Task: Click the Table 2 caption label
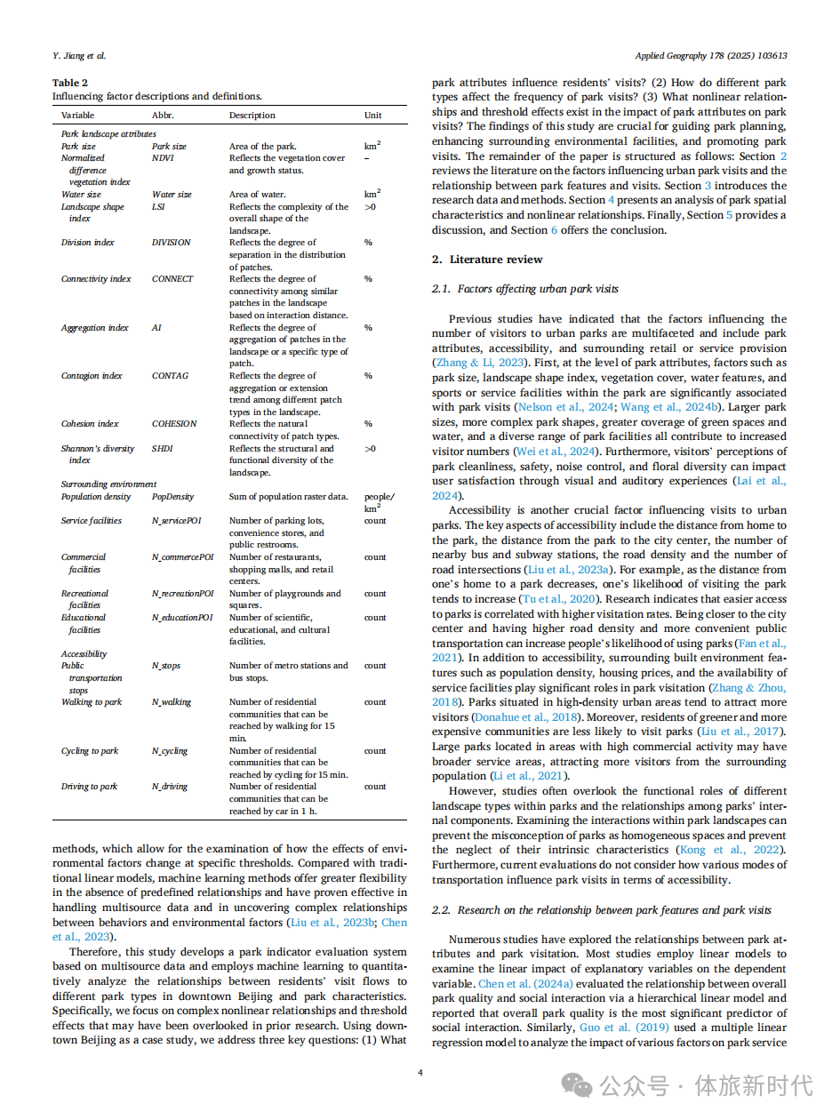[x=70, y=84]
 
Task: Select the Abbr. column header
[x=163, y=116]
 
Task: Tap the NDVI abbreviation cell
[x=163, y=158]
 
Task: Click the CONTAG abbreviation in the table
[x=170, y=376]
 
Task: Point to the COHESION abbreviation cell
[x=174, y=424]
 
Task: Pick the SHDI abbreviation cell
[x=162, y=449]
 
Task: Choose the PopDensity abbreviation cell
[x=172, y=497]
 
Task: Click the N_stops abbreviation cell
[x=166, y=666]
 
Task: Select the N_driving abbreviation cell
[x=170, y=787]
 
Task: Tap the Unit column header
[x=372, y=116]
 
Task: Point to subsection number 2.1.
[x=441, y=289]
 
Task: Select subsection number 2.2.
[x=441, y=910]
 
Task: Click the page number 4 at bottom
[x=420, y=1073]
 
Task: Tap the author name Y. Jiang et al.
[x=79, y=55]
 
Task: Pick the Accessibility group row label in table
[x=84, y=654]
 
